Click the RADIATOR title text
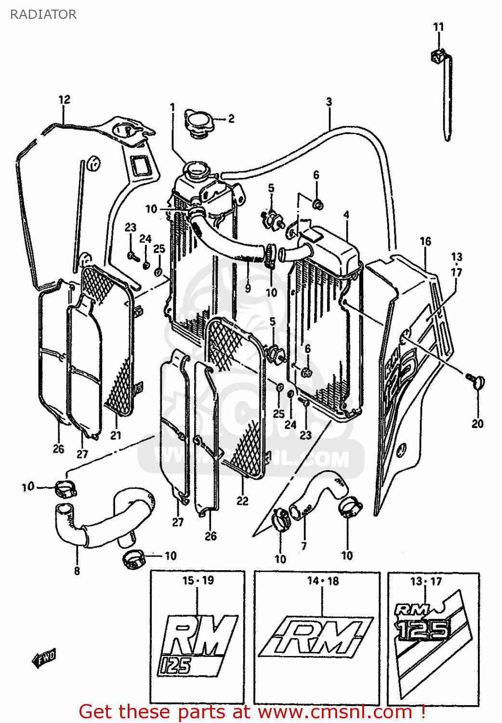(x=43, y=14)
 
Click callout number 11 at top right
(x=438, y=27)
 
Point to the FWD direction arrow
(x=44, y=658)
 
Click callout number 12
(x=64, y=100)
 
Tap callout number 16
(x=425, y=241)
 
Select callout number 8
(x=77, y=571)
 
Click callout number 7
(x=304, y=546)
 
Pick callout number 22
(x=242, y=501)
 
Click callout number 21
(x=116, y=435)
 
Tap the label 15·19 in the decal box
(x=198, y=580)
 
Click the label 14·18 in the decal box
(x=323, y=581)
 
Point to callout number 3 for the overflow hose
(x=329, y=102)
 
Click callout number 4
(x=346, y=214)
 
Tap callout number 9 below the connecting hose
(x=248, y=288)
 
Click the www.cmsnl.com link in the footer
(x=335, y=712)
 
